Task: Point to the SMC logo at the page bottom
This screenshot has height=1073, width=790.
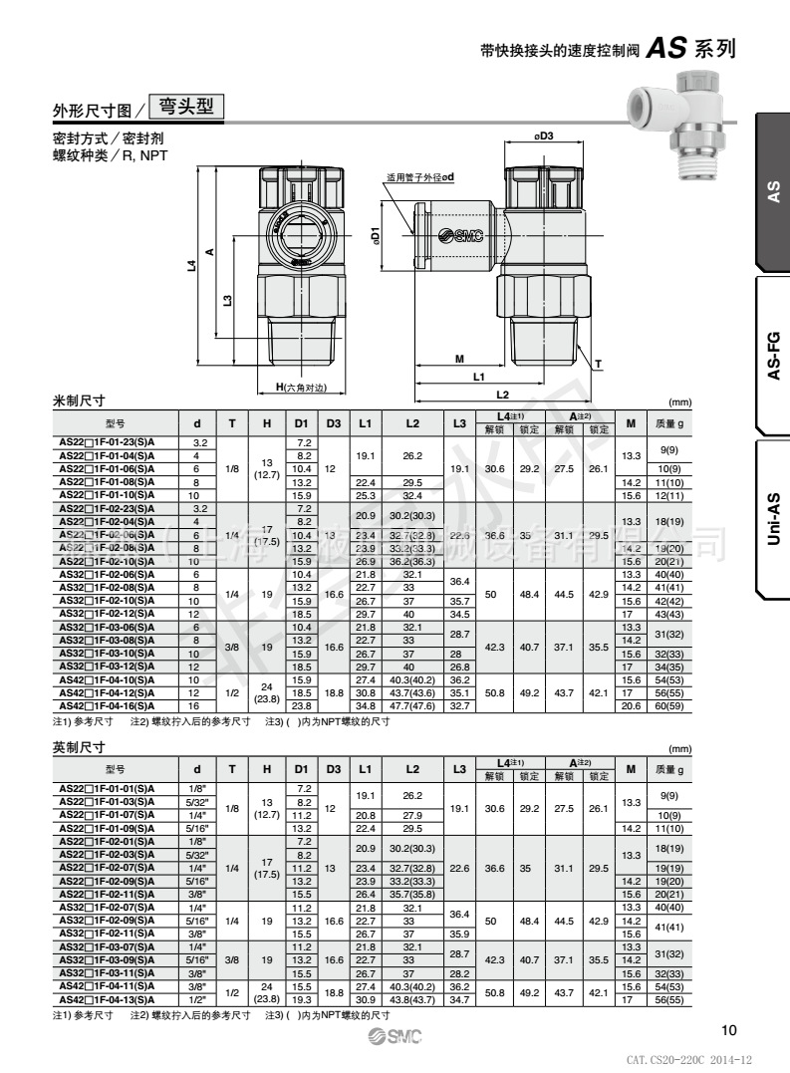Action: [395, 1038]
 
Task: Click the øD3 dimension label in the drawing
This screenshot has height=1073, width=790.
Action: [543, 136]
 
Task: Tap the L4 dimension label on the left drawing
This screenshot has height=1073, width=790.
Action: [190, 266]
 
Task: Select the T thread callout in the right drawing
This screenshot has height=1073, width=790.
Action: [597, 365]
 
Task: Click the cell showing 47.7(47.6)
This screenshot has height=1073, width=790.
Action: [412, 704]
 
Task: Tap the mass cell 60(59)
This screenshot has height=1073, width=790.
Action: [669, 704]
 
